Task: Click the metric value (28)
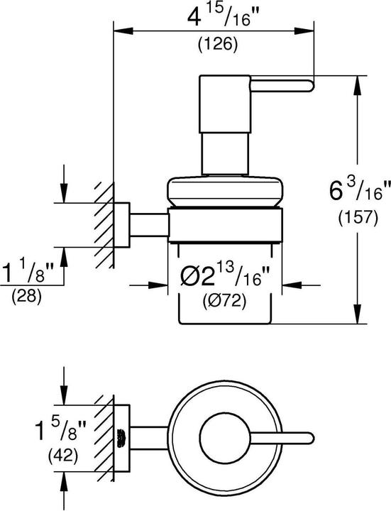tap(28, 297)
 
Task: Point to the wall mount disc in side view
tap(122, 224)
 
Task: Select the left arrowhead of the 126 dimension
tap(120, 31)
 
